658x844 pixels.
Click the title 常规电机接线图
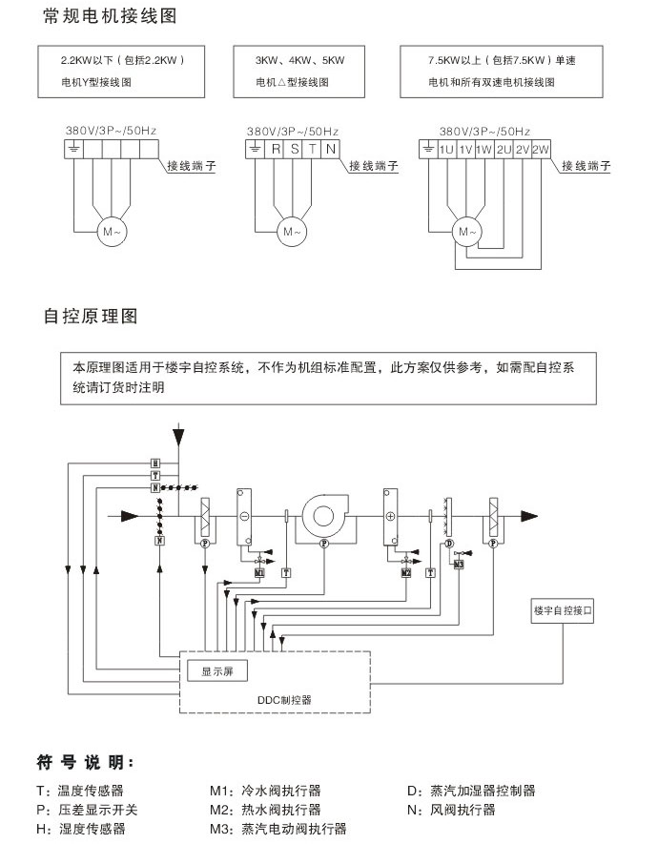pyautogui.click(x=111, y=18)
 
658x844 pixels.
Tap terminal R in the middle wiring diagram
pyautogui.click(x=276, y=149)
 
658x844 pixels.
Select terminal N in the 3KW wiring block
pyautogui.click(x=329, y=149)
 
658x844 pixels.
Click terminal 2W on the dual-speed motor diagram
pyautogui.click(x=541, y=149)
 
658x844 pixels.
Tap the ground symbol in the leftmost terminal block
pyautogui.click(x=74, y=149)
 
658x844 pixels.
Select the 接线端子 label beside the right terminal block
pyautogui.click(x=586, y=165)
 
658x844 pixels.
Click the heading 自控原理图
pyautogui.click(x=92, y=316)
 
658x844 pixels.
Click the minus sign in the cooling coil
pyautogui.click(x=244, y=516)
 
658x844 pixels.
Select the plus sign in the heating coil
pyautogui.click(x=390, y=516)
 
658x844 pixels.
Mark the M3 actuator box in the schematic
pyautogui.click(x=459, y=564)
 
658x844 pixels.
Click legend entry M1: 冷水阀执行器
pyautogui.click(x=265, y=791)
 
